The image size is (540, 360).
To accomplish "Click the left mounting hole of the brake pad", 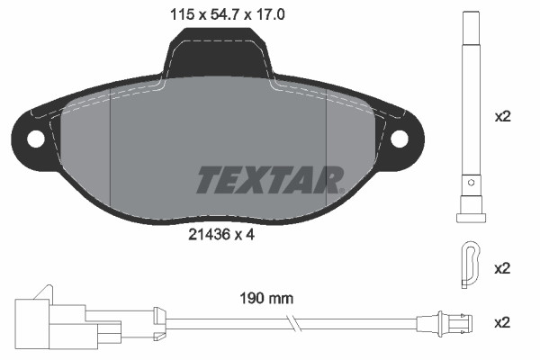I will point(36,139).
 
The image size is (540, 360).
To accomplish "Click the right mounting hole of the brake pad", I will point(401,139).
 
